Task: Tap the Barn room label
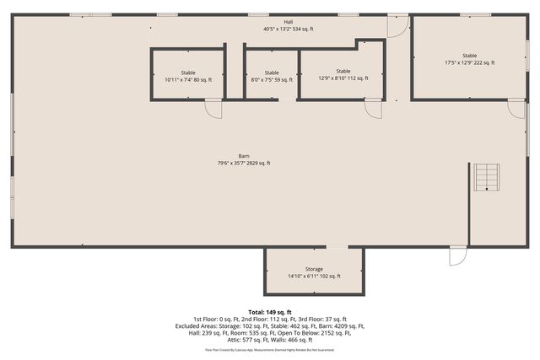(x=243, y=156)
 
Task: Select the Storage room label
(x=315, y=268)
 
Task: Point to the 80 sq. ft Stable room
(x=187, y=76)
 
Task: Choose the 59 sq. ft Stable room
(x=271, y=76)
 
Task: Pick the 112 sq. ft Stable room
(x=343, y=74)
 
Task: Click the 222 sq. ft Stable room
(x=469, y=58)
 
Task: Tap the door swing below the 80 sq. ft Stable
(x=213, y=109)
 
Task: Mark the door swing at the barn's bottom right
(x=457, y=255)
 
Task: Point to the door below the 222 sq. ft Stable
(x=515, y=109)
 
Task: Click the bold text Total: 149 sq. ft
(x=270, y=312)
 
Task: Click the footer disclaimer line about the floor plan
(x=270, y=349)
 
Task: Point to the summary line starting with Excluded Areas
(x=270, y=325)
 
